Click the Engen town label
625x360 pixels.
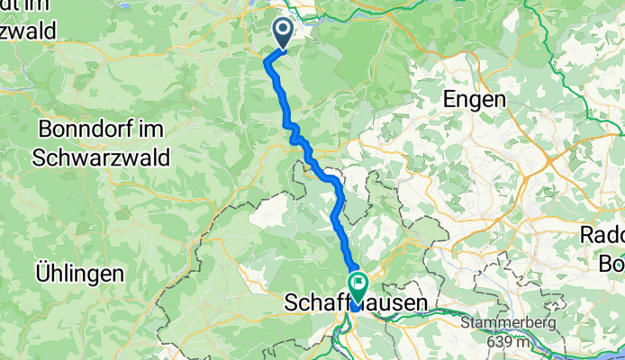[x=473, y=100]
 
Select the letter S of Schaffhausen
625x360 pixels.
[x=291, y=305]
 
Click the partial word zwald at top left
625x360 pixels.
[x=27, y=30]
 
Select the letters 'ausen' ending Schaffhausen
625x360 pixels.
[x=396, y=305]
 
